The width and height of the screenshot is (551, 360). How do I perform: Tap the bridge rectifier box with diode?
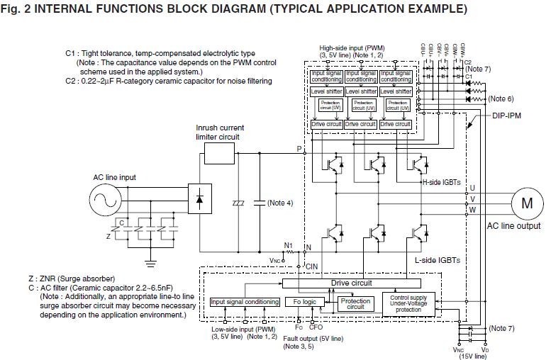pyautogui.click(x=199, y=201)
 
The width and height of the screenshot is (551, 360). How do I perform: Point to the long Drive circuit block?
pyautogui.click(x=351, y=283)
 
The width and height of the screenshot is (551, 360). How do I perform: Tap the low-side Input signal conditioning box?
pyautogui.click(x=245, y=302)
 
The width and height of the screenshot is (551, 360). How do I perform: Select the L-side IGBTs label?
pyautogui.click(x=437, y=260)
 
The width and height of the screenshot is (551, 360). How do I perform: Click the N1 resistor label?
pyautogui.click(x=288, y=245)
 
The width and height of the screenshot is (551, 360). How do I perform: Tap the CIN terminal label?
pyautogui.click(x=312, y=266)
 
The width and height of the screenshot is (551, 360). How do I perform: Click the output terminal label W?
pyautogui.click(x=473, y=210)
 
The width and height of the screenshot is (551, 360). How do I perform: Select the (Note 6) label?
pyautogui.click(x=501, y=99)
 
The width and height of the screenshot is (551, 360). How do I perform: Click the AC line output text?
pyautogui.click(x=513, y=226)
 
